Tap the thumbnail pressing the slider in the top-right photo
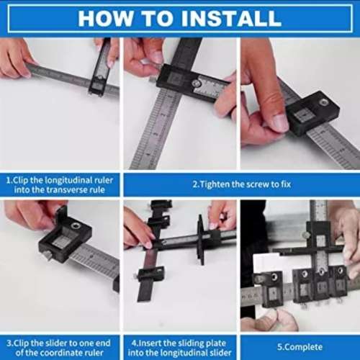tap(278, 122)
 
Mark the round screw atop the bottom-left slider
tap(77, 225)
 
